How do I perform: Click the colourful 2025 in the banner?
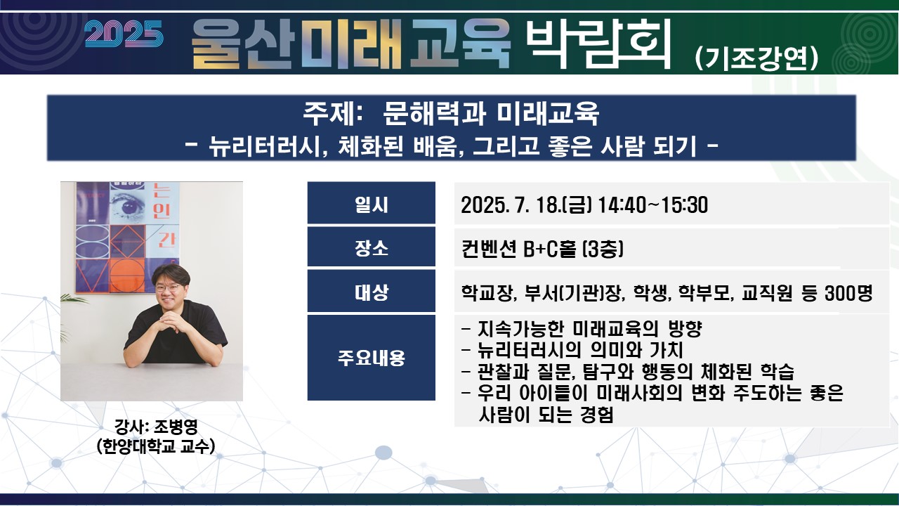coord(124,34)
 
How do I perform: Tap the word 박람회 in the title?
coord(598,43)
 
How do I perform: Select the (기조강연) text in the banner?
coord(756,59)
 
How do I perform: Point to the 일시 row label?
coord(372,204)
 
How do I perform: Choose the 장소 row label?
coord(372,248)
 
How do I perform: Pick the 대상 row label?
coord(372,292)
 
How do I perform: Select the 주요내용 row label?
coord(372,358)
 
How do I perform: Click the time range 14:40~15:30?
coord(652,205)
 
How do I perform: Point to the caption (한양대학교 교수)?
coord(156,446)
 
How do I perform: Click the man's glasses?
coord(168,288)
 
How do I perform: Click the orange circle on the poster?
coord(127,275)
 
